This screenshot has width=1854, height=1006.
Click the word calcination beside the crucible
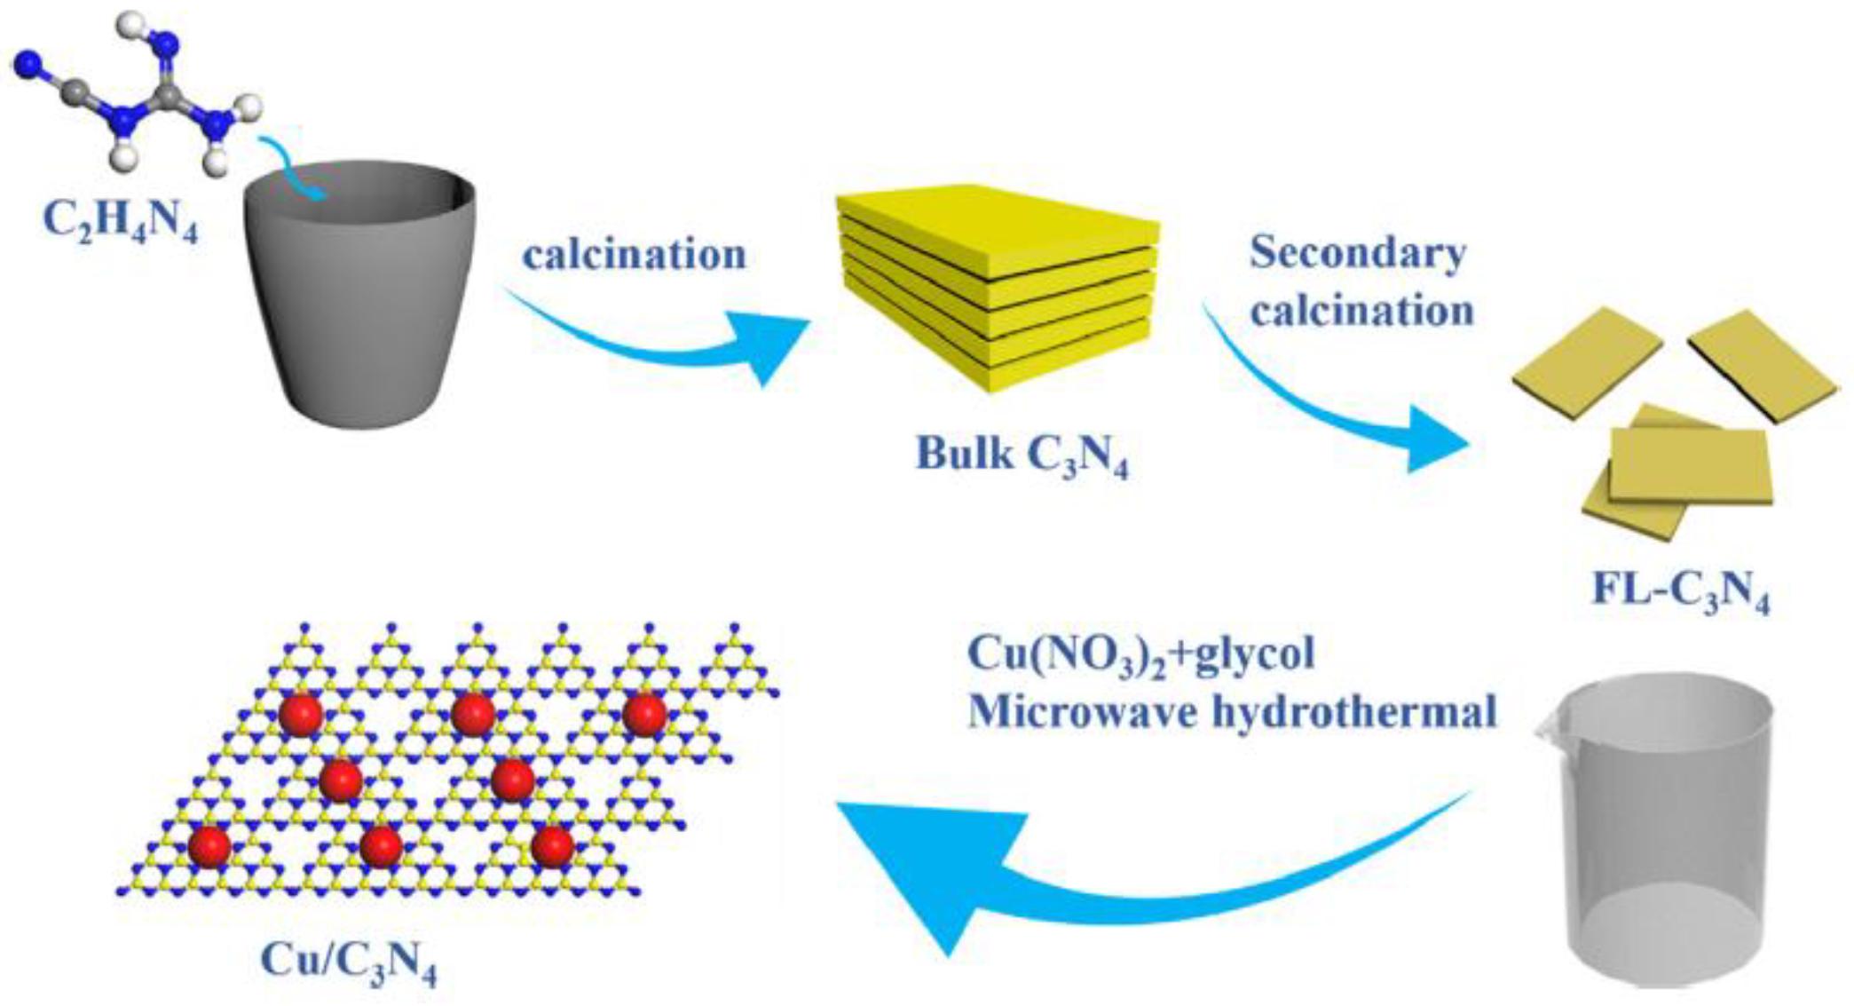[x=634, y=255]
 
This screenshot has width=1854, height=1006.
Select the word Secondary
[x=1357, y=252]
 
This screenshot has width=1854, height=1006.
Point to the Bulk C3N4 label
[x=1022, y=455]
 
